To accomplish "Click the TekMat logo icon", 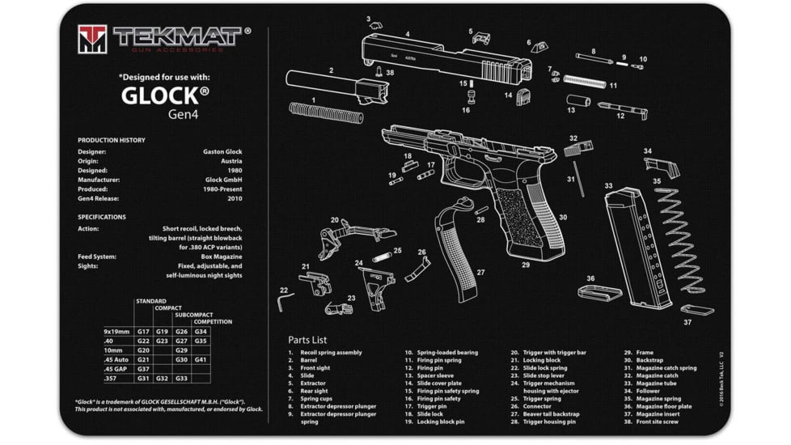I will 91,39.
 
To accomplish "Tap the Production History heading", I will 112,140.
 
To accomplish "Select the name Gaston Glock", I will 222,151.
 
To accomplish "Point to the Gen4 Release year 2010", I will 234,198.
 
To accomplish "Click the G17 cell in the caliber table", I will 143,332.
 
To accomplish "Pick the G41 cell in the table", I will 201,359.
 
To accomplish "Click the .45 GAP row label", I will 116,369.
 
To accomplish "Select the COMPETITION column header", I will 212,321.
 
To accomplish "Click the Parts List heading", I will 307,340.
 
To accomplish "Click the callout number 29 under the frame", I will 526,265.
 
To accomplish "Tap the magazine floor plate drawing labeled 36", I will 599,292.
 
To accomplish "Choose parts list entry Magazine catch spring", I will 666,368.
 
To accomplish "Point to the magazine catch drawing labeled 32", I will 578,150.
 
